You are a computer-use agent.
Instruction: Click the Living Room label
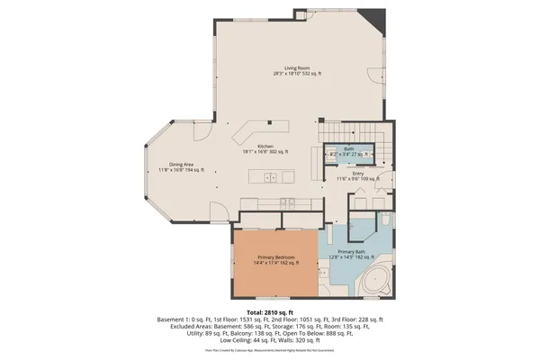297,71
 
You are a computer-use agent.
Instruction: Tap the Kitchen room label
265,149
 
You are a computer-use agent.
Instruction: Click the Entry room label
357,176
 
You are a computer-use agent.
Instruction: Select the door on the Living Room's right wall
373,76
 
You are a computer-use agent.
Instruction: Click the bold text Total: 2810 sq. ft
270,310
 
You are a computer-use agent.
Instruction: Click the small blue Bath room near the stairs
346,153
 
